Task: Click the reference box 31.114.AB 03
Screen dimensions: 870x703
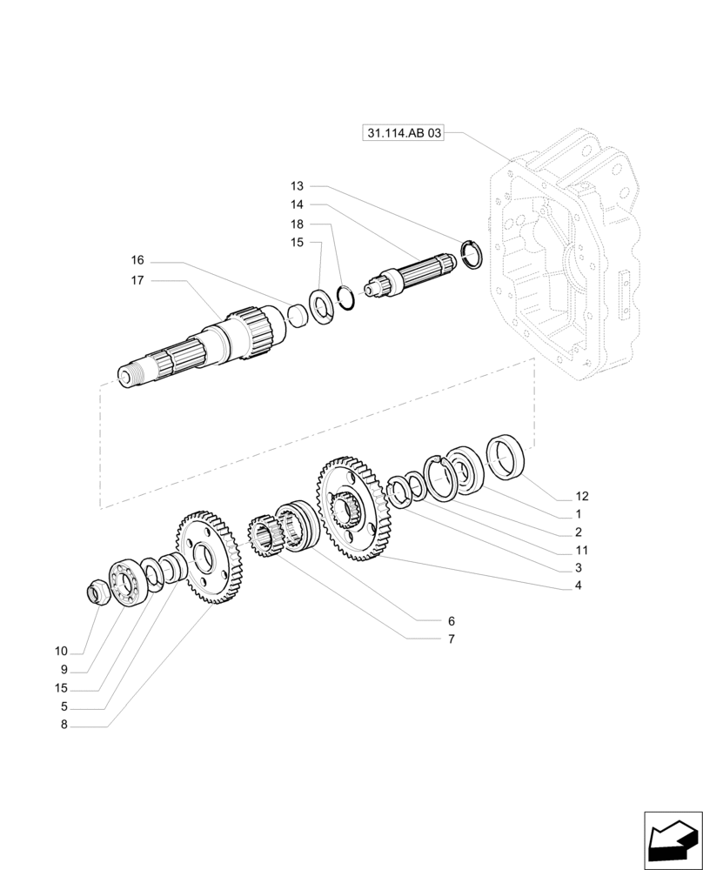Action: tap(404, 133)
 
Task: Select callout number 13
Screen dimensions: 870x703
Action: tap(298, 186)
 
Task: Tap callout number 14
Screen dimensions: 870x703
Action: tap(298, 204)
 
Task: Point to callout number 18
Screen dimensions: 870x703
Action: tap(298, 224)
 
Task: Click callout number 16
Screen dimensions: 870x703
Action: tap(137, 260)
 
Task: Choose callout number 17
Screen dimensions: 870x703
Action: tap(137, 280)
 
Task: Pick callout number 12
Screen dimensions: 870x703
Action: tap(582, 496)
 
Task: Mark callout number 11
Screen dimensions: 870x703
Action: tap(582, 550)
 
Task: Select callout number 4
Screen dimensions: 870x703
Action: tap(578, 586)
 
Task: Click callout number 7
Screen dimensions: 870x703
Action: tap(452, 639)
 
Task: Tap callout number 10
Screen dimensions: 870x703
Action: tap(60, 651)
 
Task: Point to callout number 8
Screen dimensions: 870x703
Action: tap(64, 724)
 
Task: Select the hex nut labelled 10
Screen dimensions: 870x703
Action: tap(99, 594)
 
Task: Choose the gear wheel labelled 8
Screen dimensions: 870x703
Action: tap(210, 558)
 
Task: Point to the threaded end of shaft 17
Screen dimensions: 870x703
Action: tap(131, 375)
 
